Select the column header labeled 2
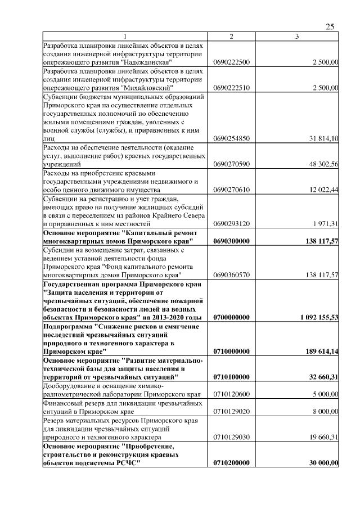pyautogui.click(x=231, y=37)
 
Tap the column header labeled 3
pyautogui.click(x=297, y=37)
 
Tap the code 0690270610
pyautogui.click(x=232, y=191)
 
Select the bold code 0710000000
pyautogui.click(x=232, y=352)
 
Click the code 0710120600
pyautogui.click(x=232, y=394)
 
